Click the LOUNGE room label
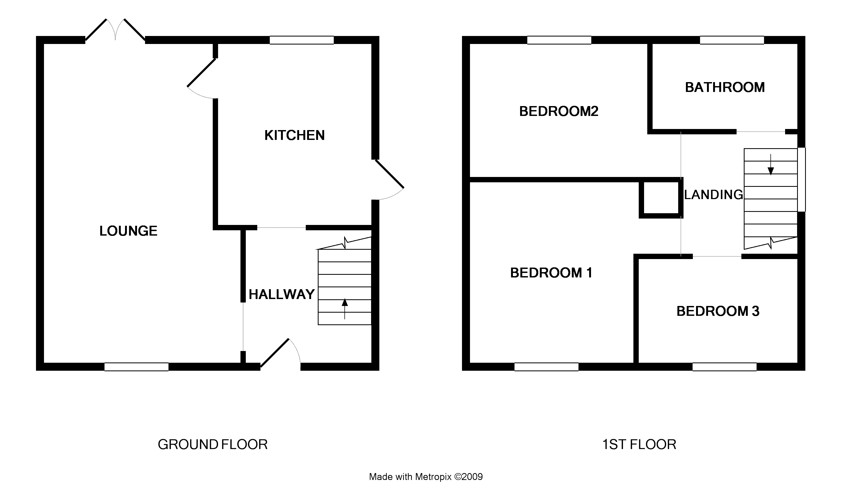coord(128,231)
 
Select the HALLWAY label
coord(282,295)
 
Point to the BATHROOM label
coord(725,87)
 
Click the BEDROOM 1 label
coord(551,273)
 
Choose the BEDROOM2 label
coord(558,111)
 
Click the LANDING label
coord(713,195)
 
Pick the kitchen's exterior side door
coord(389,180)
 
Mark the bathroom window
coord(732,40)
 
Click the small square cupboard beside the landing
coord(661,198)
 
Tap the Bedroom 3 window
coord(724,367)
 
